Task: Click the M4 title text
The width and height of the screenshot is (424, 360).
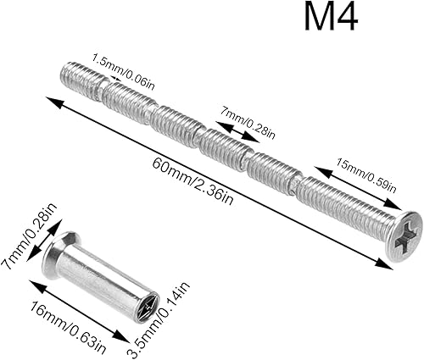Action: coord(331,18)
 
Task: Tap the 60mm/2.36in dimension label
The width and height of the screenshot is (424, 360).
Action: coord(193,181)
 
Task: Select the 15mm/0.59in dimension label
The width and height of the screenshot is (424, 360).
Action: coord(366,175)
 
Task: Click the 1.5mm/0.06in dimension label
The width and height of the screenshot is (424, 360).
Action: coord(124,71)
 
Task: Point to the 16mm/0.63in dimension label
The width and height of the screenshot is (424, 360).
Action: coord(69,328)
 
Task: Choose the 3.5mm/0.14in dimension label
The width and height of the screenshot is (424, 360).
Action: coord(159,318)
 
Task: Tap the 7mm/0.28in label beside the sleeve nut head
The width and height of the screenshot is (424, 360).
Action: coord(29,235)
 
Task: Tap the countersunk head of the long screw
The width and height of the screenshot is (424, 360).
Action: coord(404,236)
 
